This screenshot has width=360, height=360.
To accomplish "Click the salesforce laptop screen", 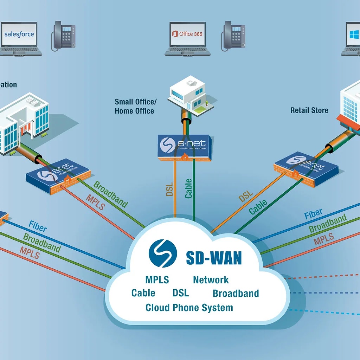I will click(19, 34).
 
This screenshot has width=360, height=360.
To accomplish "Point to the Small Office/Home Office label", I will click(136, 107).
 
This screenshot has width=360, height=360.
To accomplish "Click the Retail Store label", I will click(309, 110).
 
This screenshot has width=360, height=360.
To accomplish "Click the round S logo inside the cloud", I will click(162, 253).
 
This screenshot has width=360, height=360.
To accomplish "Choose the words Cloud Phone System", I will click(189, 308).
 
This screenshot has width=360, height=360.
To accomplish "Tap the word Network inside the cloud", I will click(211, 280).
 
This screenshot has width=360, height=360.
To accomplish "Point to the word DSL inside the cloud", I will click(181, 293).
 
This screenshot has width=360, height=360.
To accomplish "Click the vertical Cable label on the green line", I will click(189, 189).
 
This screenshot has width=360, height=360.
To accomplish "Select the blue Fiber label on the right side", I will click(313, 214).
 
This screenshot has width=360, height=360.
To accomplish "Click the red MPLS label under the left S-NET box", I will click(95, 202).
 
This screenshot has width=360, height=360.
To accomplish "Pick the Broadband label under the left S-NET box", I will click(111, 194).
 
